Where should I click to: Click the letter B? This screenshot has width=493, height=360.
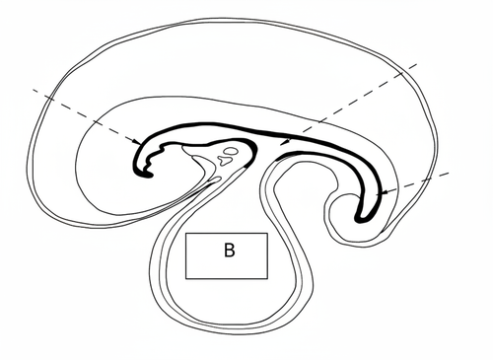(x=228, y=252)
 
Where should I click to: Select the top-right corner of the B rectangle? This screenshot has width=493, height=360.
(x=267, y=234)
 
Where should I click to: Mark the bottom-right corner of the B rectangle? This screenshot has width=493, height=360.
(x=267, y=275)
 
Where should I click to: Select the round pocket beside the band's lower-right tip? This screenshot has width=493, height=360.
(x=347, y=209)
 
